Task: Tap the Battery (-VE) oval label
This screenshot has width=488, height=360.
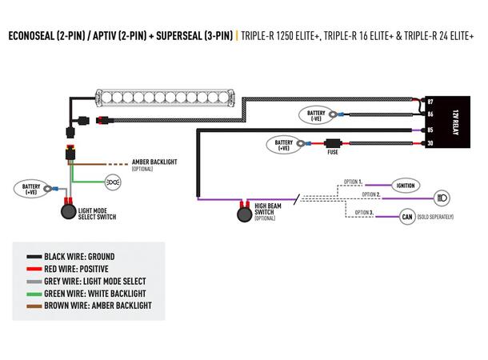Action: pyautogui.click(x=318, y=114)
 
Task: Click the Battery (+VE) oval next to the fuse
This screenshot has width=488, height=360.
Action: pyautogui.click(x=282, y=146)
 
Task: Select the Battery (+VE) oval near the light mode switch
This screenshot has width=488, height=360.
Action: pyautogui.click(x=31, y=189)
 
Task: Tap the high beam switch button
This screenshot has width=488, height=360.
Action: pyautogui.click(x=243, y=214)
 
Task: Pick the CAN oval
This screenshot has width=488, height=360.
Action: pyautogui.click(x=406, y=216)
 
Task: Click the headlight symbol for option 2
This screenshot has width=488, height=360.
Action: pyautogui.click(x=440, y=197)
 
